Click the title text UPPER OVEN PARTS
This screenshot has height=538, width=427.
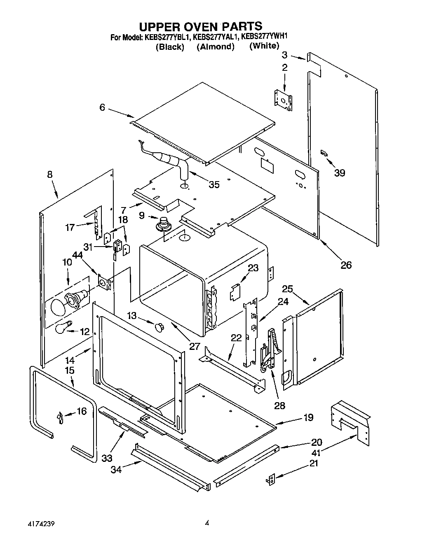coord(200,27)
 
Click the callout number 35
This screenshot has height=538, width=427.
coord(214,184)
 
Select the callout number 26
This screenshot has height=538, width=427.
coord(346,265)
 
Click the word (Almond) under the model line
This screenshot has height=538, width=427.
coord(215,47)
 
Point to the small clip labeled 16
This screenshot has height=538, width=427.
coord(59,418)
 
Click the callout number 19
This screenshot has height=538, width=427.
coord(308,417)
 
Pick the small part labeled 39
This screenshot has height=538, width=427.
coord(324,154)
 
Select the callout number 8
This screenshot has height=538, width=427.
coord(50,175)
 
